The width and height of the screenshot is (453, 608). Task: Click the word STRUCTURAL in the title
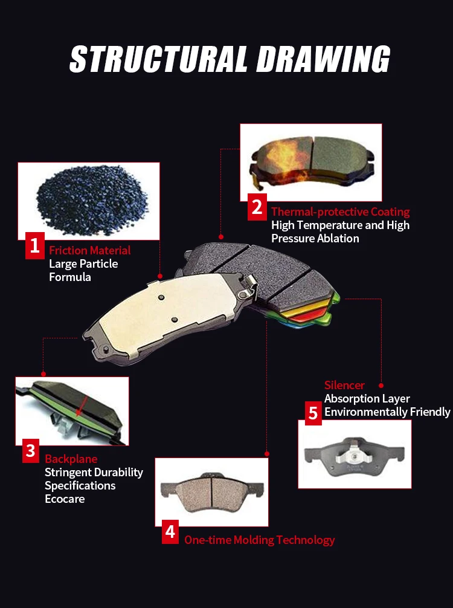(x=158, y=59)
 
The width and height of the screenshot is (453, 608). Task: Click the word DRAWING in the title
(x=323, y=59)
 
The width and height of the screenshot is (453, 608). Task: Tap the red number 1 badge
(x=35, y=245)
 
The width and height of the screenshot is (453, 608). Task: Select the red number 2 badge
(x=257, y=207)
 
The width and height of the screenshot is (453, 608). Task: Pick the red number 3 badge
(x=31, y=451)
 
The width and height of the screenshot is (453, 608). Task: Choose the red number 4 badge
(x=170, y=532)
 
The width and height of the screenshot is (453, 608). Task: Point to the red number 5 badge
(x=313, y=413)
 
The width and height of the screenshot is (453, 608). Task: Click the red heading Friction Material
(x=90, y=250)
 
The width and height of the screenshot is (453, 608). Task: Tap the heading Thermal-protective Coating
(x=340, y=212)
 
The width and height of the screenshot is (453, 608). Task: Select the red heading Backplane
(x=71, y=459)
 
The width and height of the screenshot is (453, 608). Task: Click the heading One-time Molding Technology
(x=259, y=540)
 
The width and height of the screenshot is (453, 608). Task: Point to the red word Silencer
(x=344, y=385)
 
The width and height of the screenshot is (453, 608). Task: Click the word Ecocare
(x=65, y=499)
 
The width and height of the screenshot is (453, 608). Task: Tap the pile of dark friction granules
(x=92, y=199)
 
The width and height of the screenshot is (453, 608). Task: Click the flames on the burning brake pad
(x=283, y=163)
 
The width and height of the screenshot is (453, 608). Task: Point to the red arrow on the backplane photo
(x=82, y=406)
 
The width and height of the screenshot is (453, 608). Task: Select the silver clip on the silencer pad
(x=353, y=454)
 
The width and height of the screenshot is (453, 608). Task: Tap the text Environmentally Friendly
(x=388, y=412)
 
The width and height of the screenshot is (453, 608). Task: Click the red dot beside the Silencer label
(x=381, y=386)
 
